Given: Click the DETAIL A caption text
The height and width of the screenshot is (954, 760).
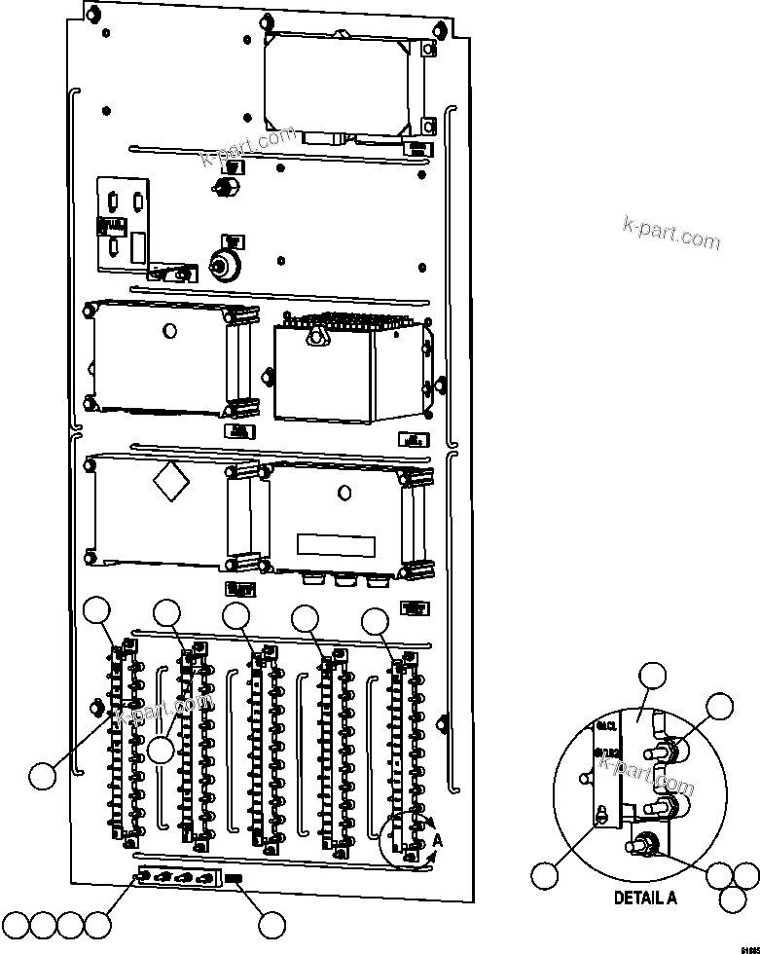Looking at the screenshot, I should coord(644,898).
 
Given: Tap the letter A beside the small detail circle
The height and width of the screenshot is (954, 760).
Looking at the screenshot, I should coord(439,838).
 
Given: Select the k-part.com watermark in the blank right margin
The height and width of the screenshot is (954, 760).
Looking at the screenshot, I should coord(670,235).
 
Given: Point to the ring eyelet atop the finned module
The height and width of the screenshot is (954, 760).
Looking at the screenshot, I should coord(314,337).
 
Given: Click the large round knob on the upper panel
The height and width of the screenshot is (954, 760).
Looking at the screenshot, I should coord(226,265).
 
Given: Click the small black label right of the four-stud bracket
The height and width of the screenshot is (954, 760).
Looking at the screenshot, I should coord(235,879).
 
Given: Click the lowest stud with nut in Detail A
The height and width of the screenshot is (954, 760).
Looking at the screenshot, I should coord(645,843).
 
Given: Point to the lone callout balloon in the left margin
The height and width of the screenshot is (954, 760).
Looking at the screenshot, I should coord(42,776).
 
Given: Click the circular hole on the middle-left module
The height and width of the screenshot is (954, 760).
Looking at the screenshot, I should coord(170,331).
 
